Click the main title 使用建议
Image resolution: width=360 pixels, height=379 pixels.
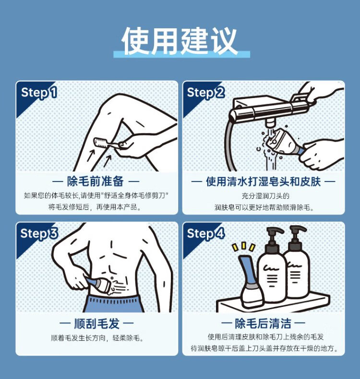[x=180, y=41]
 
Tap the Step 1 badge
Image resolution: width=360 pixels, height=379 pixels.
[x=39, y=93]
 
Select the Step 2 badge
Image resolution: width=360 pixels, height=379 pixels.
[x=205, y=93]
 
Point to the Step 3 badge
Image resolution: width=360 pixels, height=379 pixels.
[x=39, y=234]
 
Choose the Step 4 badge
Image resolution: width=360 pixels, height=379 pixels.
[x=205, y=234]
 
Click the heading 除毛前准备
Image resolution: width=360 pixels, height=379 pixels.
[x=96, y=181]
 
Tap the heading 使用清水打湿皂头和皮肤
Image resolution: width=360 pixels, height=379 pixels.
[x=264, y=182]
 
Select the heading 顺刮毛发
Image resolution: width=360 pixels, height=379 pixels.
[x=96, y=323]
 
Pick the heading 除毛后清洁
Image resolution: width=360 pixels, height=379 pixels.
[x=263, y=323]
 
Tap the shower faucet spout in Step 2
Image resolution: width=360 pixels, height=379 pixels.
[x=270, y=122]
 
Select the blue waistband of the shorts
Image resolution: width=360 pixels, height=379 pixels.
[x=114, y=300]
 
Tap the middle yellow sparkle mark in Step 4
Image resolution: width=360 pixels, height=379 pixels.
[x=244, y=245]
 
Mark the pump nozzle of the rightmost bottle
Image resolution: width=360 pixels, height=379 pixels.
[x=299, y=229]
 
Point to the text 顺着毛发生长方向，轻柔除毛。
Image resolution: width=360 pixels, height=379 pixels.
[x=97, y=338]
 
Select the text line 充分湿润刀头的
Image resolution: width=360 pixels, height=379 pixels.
[x=265, y=196]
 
